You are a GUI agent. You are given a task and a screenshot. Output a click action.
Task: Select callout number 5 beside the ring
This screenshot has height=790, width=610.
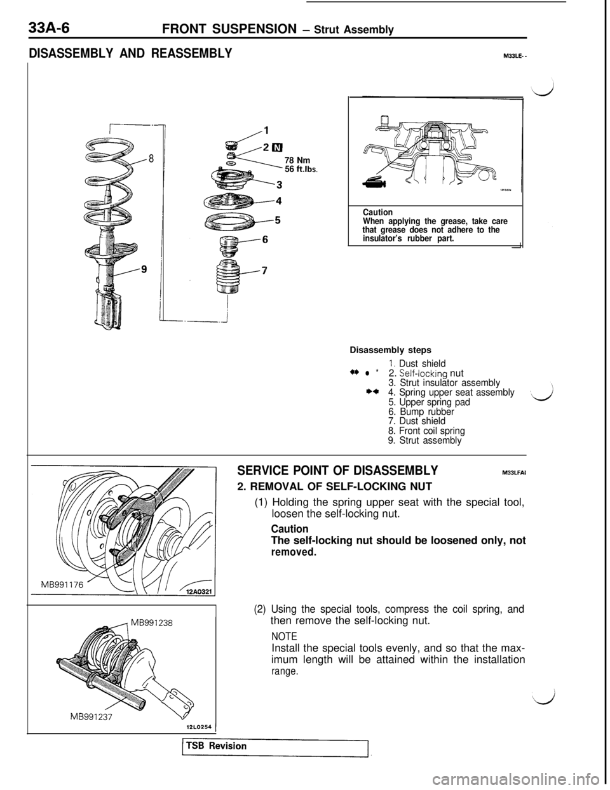click(276, 221)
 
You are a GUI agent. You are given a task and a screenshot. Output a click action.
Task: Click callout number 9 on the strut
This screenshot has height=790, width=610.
click(144, 269)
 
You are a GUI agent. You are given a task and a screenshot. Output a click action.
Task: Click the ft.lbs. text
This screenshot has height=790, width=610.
click(306, 170)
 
